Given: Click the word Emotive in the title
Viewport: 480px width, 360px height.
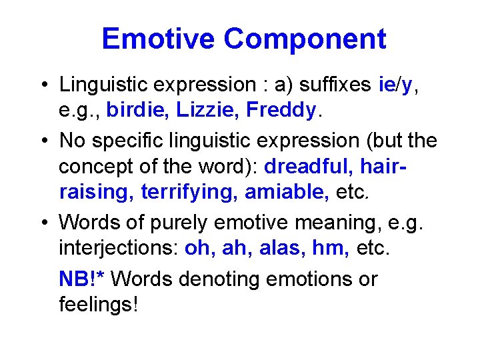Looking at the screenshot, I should (x=159, y=39).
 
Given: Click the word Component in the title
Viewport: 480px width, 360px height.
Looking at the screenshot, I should (x=305, y=39).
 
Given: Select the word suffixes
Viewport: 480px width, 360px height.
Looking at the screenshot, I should (x=335, y=85).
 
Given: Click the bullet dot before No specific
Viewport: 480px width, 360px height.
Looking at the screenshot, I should (x=42, y=141).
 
